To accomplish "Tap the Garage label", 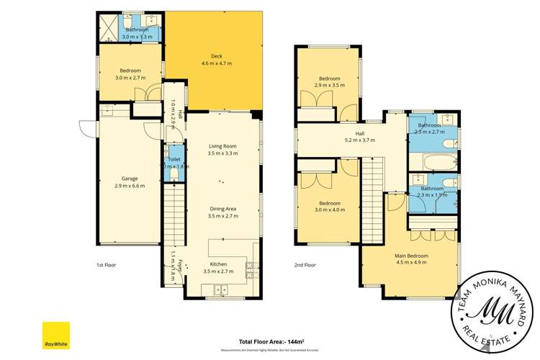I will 130,179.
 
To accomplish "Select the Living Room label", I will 222,146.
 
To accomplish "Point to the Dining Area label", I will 222,209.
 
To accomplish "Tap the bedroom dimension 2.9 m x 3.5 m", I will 330,85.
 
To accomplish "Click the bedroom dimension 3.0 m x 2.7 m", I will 130,78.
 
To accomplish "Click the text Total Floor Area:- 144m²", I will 271,342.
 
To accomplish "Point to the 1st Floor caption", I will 106,265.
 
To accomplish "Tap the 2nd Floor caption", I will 305,265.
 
